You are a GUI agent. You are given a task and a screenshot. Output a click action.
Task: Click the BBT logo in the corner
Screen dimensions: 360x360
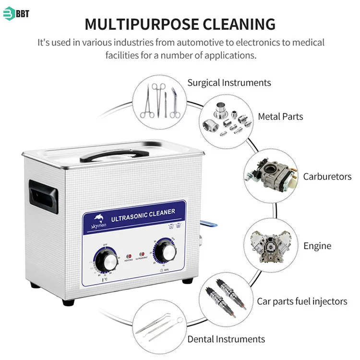(16, 13)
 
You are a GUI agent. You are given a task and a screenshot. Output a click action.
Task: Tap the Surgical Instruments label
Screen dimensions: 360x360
(229, 83)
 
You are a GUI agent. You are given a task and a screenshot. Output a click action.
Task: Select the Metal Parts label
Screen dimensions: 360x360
(280, 116)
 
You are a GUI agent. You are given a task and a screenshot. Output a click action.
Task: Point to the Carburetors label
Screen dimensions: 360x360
(327, 177)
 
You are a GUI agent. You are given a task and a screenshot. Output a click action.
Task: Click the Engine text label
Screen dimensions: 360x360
(317, 246)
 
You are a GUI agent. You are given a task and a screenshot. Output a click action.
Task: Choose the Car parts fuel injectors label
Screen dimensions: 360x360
(301, 301)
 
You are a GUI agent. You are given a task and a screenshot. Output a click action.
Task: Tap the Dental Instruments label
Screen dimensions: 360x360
(226, 339)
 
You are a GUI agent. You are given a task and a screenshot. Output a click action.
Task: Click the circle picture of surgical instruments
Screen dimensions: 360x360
(160, 100)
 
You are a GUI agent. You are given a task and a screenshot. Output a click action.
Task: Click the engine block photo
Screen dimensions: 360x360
(271, 247)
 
